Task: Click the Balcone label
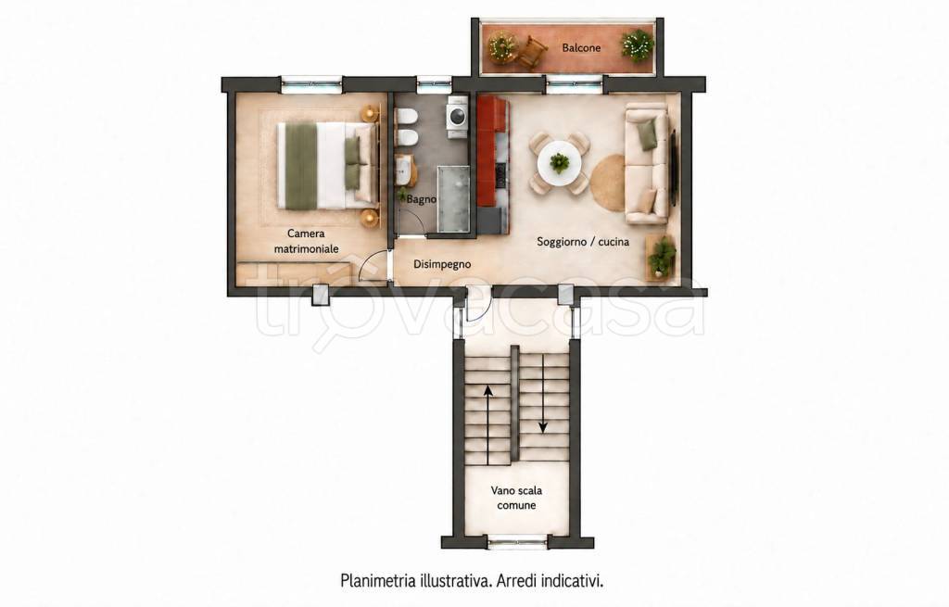(581, 47)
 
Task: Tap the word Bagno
(422, 199)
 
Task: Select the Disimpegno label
(442, 264)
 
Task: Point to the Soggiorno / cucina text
(583, 242)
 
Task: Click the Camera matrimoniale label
(306, 241)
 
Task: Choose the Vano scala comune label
(516, 498)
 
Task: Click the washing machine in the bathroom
(456, 115)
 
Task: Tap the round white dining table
(559, 163)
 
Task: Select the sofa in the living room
(647, 163)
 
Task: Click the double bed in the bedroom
(327, 165)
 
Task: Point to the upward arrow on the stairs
(487, 424)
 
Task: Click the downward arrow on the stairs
(543, 393)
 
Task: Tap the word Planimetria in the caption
(378, 582)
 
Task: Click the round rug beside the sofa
(607, 182)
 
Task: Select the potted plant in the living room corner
(662, 258)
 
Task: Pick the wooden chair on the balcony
(531, 50)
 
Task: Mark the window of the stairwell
(517, 542)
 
